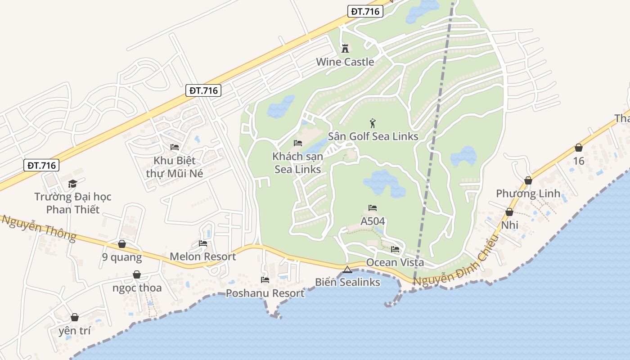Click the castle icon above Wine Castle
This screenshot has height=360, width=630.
(345, 48)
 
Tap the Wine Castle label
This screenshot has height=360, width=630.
(345, 62)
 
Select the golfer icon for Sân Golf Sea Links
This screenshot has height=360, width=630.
(373, 123)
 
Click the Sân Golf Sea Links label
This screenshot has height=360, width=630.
(373, 136)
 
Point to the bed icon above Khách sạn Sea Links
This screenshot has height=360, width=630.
(298, 143)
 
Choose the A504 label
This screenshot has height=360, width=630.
(373, 221)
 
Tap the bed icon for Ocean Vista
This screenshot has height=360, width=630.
(395, 249)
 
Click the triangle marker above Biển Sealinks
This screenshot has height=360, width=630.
(347, 270)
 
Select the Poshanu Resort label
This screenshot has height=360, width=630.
(265, 293)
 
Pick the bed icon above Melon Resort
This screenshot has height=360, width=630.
(203, 243)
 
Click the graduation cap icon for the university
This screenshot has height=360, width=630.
(72, 184)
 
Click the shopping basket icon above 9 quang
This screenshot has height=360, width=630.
(121, 244)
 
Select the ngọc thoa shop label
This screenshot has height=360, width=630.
(137, 288)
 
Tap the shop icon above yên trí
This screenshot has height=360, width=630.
(75, 317)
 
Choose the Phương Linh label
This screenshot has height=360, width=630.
(528, 193)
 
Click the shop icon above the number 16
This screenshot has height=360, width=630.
(579, 148)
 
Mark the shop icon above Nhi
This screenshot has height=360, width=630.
(509, 212)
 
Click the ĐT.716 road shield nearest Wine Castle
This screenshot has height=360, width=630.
(365, 12)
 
